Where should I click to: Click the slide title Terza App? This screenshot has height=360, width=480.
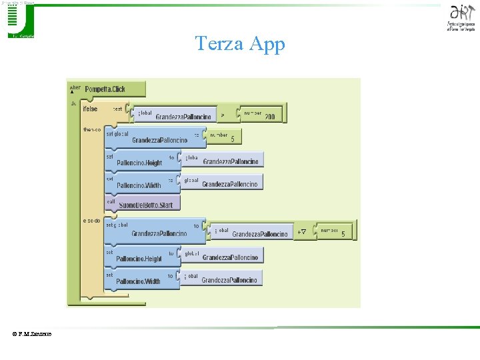[x=240, y=44]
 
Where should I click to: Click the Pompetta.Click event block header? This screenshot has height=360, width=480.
[x=105, y=89]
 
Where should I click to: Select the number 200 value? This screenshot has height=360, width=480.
[x=269, y=117]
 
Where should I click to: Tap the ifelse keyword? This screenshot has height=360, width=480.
[x=90, y=109]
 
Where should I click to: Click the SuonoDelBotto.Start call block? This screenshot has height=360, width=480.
[x=145, y=205]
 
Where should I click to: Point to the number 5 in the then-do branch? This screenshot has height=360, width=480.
[x=232, y=139]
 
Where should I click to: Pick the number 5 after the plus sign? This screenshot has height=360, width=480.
[x=343, y=234]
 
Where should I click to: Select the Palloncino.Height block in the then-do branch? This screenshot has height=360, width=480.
[x=139, y=163]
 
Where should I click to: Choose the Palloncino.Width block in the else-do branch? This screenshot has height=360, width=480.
[x=138, y=281]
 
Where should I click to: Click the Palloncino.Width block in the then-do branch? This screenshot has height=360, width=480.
[x=139, y=185]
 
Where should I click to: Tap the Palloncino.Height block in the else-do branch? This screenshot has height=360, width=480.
[x=139, y=259]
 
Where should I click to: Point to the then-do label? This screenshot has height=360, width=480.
[x=92, y=130]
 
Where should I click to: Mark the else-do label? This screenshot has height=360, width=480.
[x=92, y=220]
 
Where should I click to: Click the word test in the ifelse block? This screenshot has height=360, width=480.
[x=117, y=108]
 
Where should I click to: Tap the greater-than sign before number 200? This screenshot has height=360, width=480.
[x=222, y=114]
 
